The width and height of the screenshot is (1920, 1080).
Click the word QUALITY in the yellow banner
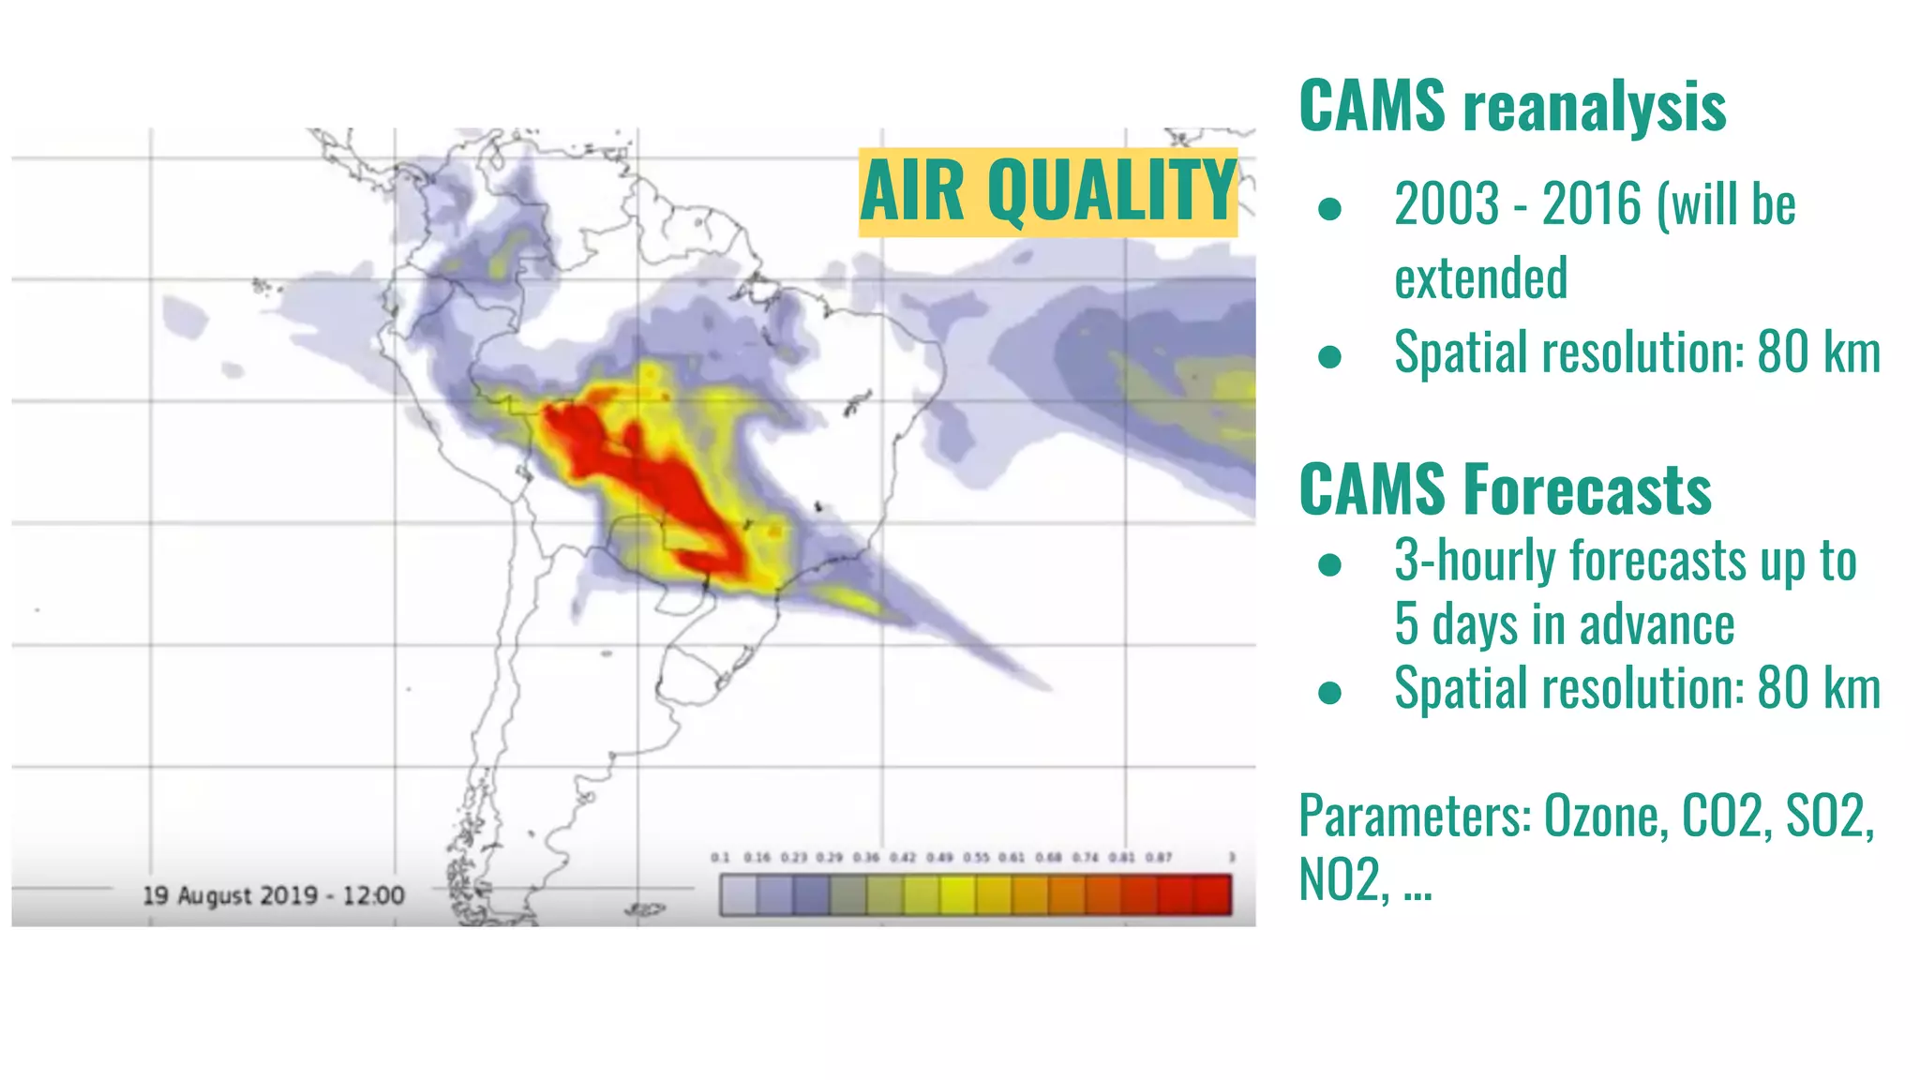click(1112, 191)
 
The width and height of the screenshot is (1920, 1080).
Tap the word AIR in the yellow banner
click(912, 191)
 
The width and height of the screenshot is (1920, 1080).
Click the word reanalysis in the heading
click(1595, 107)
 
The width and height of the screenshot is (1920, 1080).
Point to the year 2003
click(1447, 204)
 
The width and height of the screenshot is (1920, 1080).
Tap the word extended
click(1480, 278)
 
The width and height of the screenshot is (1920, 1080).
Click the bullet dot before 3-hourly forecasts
click(1329, 564)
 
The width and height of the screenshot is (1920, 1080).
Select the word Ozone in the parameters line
click(1605, 816)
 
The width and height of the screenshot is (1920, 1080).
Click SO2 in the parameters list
click(1829, 816)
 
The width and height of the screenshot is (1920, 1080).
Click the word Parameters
click(1415, 816)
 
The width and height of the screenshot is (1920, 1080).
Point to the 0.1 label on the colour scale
click(720, 857)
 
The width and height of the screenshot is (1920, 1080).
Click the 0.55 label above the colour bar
click(976, 857)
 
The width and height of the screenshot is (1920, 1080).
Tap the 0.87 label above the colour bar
click(1159, 857)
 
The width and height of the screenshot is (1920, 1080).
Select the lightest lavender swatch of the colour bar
click(739, 894)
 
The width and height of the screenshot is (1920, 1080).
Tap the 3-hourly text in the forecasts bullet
click(1476, 561)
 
